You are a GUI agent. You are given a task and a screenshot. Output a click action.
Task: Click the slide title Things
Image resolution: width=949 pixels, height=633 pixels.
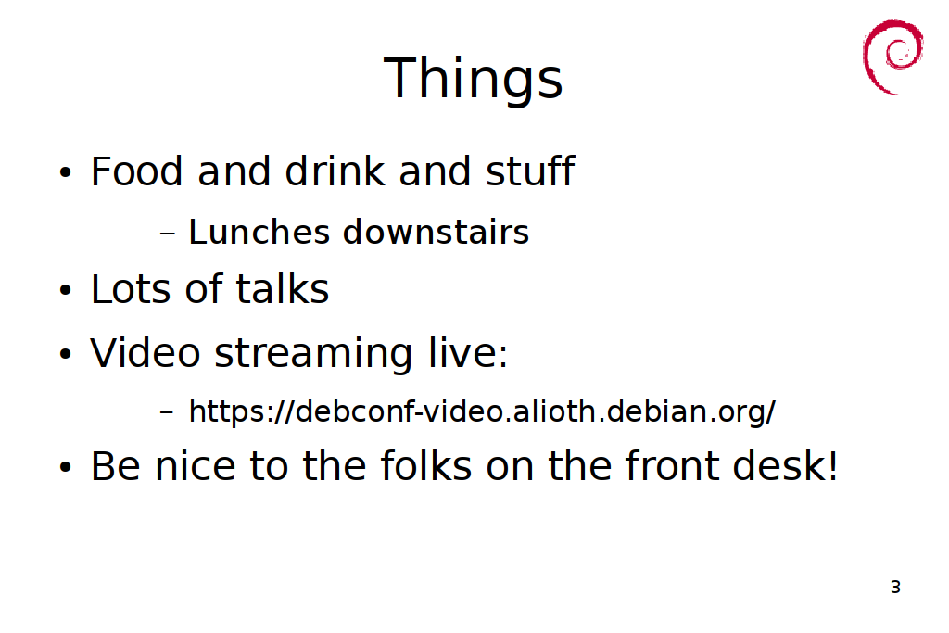[474, 79]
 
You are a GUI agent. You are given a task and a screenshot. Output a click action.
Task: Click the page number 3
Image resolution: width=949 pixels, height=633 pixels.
[896, 587]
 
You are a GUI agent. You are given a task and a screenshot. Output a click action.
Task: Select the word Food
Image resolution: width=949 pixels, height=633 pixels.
[136, 171]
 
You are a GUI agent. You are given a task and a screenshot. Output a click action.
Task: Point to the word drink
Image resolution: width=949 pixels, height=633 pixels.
[335, 171]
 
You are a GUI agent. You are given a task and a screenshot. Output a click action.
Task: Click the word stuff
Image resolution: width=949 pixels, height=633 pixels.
[530, 171]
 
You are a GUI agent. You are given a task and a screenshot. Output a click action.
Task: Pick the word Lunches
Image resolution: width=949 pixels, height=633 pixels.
[259, 232]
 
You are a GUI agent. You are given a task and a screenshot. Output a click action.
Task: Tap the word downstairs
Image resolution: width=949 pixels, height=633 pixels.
[436, 232]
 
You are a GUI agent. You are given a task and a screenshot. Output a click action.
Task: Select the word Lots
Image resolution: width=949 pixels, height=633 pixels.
[131, 288]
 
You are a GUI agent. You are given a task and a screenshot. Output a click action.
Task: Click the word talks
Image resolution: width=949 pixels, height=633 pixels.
[282, 288]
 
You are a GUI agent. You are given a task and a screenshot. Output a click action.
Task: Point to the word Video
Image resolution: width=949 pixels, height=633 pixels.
[146, 352]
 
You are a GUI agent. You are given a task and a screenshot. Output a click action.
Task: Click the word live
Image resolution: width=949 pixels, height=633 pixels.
[468, 352]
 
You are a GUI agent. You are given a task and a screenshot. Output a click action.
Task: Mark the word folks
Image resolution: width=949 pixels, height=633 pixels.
[426, 465]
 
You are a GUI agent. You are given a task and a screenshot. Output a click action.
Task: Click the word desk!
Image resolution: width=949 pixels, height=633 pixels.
[786, 465]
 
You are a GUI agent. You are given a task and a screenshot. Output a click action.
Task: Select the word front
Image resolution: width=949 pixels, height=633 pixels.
[671, 465]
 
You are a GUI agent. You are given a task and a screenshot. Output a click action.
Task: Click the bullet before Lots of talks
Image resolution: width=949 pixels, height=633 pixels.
[66, 290]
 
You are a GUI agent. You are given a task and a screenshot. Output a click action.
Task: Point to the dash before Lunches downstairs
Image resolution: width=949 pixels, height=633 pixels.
[168, 233]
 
